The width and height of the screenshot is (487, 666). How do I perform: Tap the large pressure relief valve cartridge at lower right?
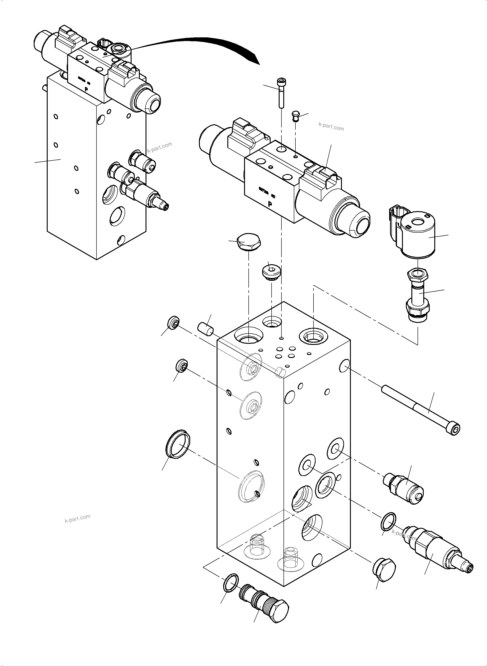tap(436, 549)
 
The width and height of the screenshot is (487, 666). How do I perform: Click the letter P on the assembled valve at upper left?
tap(86, 88)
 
